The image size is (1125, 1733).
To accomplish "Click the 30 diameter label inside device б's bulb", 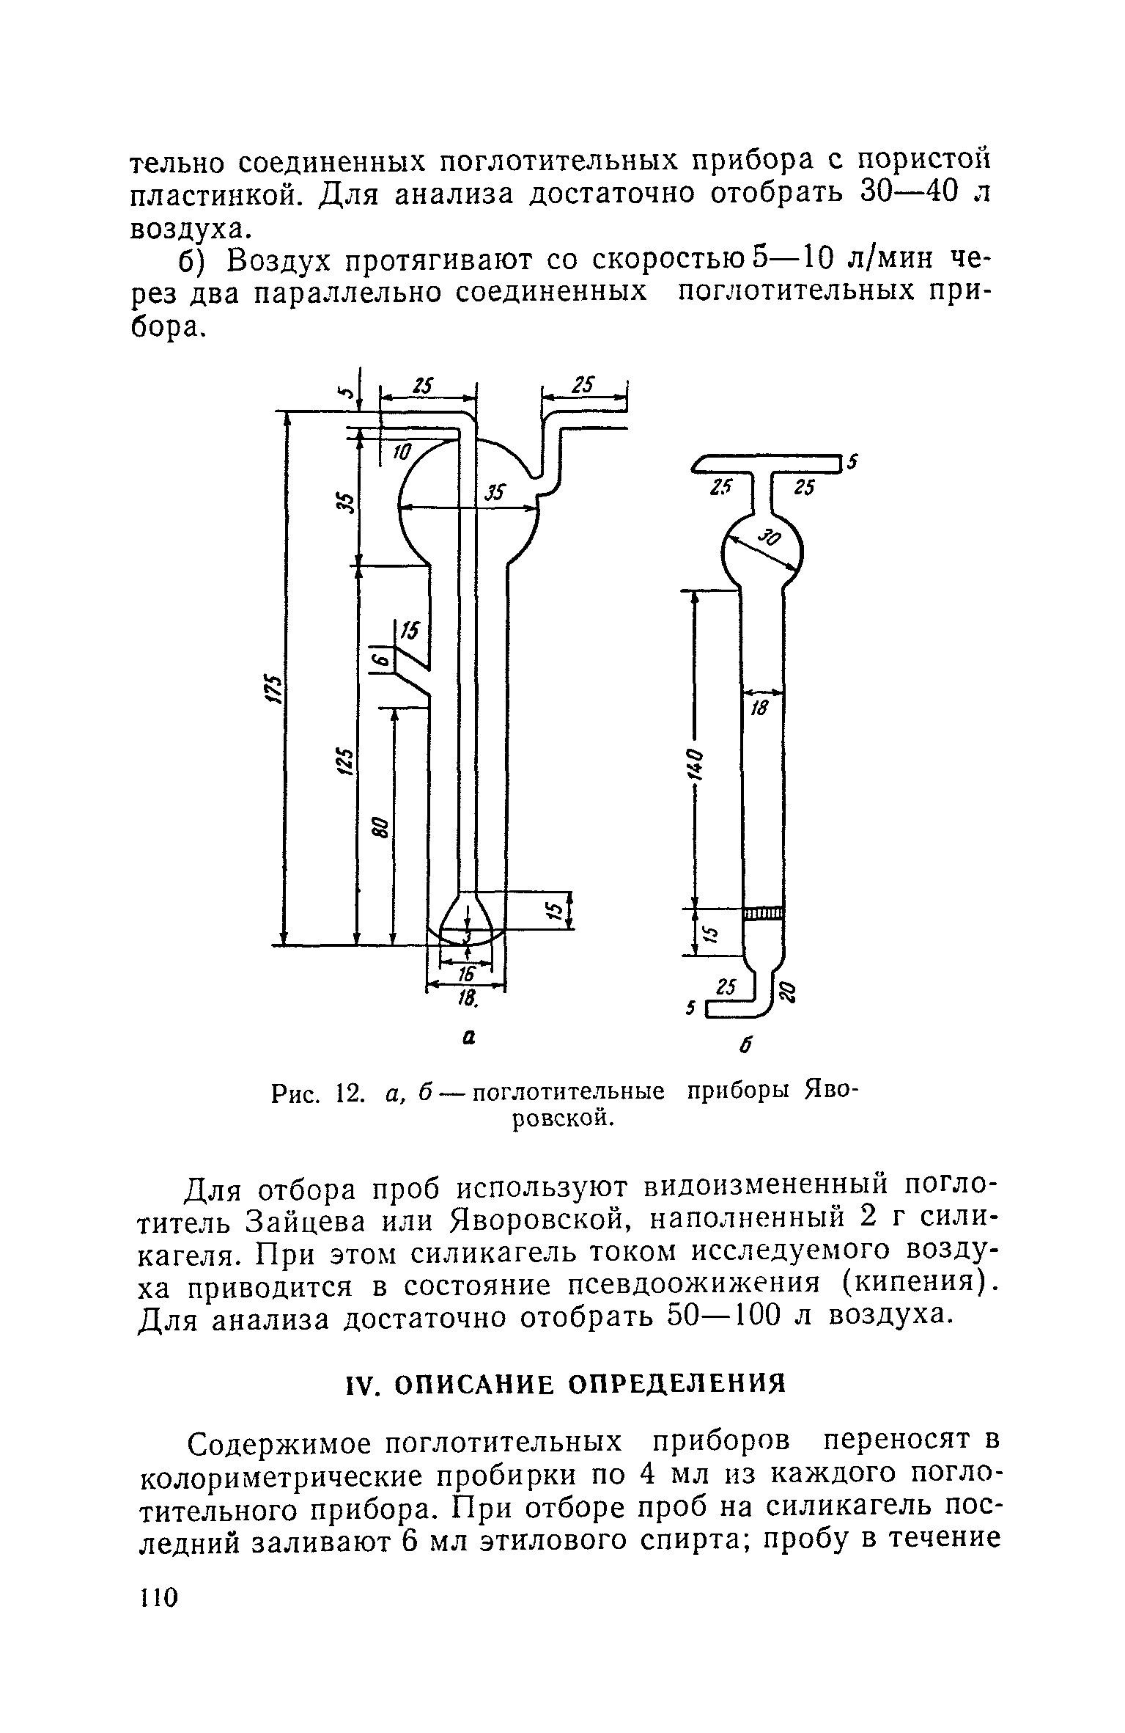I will pos(770,540).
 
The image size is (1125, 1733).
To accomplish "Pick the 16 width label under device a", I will pos(466,972).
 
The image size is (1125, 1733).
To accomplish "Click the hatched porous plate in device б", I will pos(763,912).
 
